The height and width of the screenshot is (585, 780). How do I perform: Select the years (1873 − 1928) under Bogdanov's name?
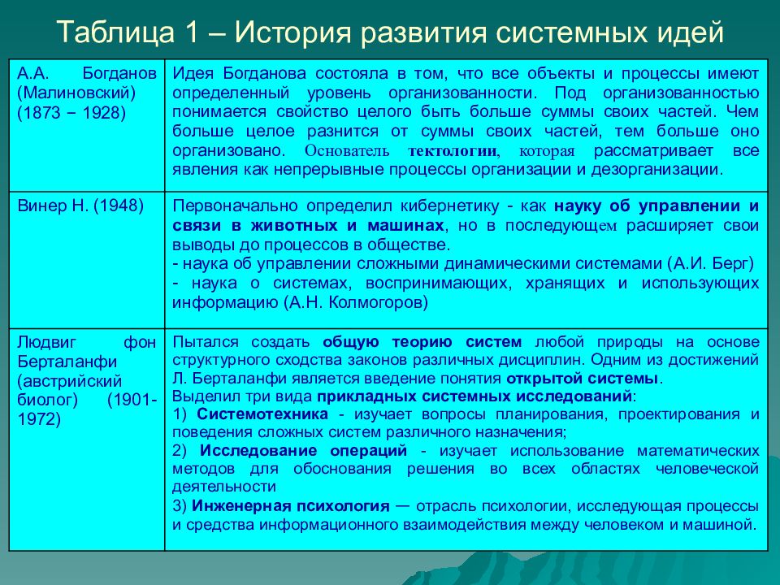coord(72,113)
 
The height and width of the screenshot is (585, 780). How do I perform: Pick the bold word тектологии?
coord(453,152)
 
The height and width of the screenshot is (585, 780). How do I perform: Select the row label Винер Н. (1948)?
coord(80,206)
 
